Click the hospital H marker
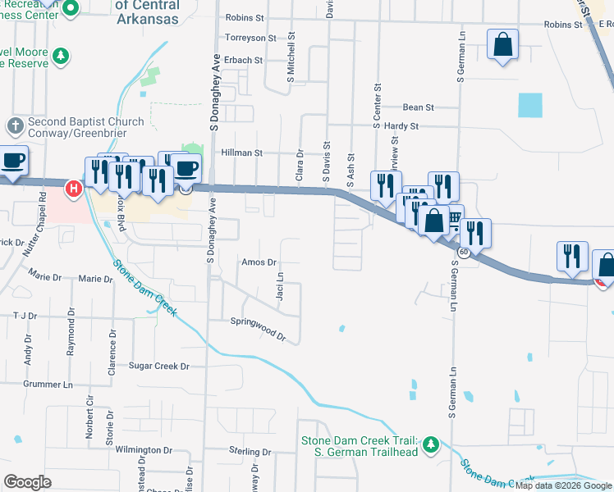coord(74,189)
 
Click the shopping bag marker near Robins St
coord(502,44)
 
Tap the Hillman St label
coord(242,153)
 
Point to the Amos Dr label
coord(258,262)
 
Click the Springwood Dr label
coord(258,328)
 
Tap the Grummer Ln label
coord(48,384)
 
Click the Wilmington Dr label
coord(143,450)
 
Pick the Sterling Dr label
coord(250,452)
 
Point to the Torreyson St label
coord(251,38)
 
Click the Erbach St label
coord(243,60)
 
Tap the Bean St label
coord(418,107)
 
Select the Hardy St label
coord(401,126)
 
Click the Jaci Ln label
coord(280,286)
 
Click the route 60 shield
coord(464,253)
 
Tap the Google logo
coord(27,481)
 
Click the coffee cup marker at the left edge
coord(12,161)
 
